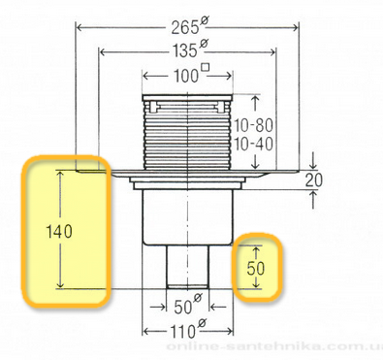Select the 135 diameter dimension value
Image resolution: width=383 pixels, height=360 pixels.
(186, 48)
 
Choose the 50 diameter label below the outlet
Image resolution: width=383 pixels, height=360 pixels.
(184, 312)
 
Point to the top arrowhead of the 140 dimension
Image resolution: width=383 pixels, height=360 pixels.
(61, 173)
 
